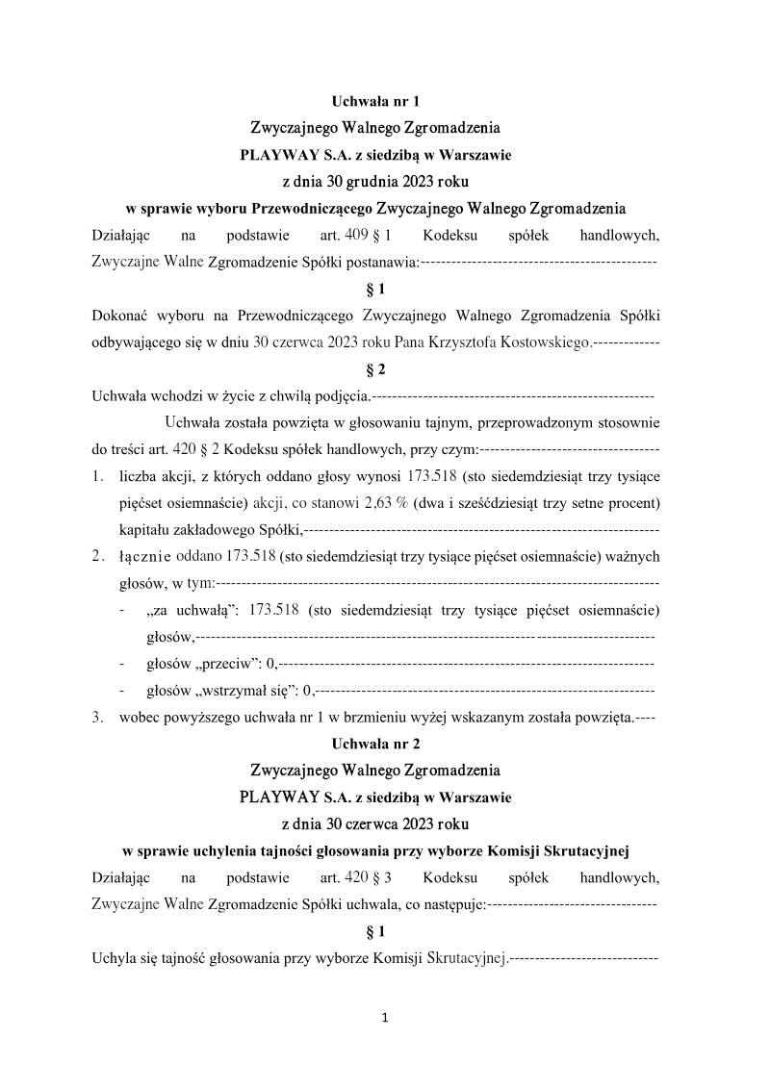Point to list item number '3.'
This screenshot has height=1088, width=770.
(x=98, y=717)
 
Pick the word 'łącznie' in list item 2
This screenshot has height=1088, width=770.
(x=144, y=556)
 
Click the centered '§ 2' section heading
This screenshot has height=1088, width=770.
(x=376, y=369)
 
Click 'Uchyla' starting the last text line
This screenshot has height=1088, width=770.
(x=113, y=958)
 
